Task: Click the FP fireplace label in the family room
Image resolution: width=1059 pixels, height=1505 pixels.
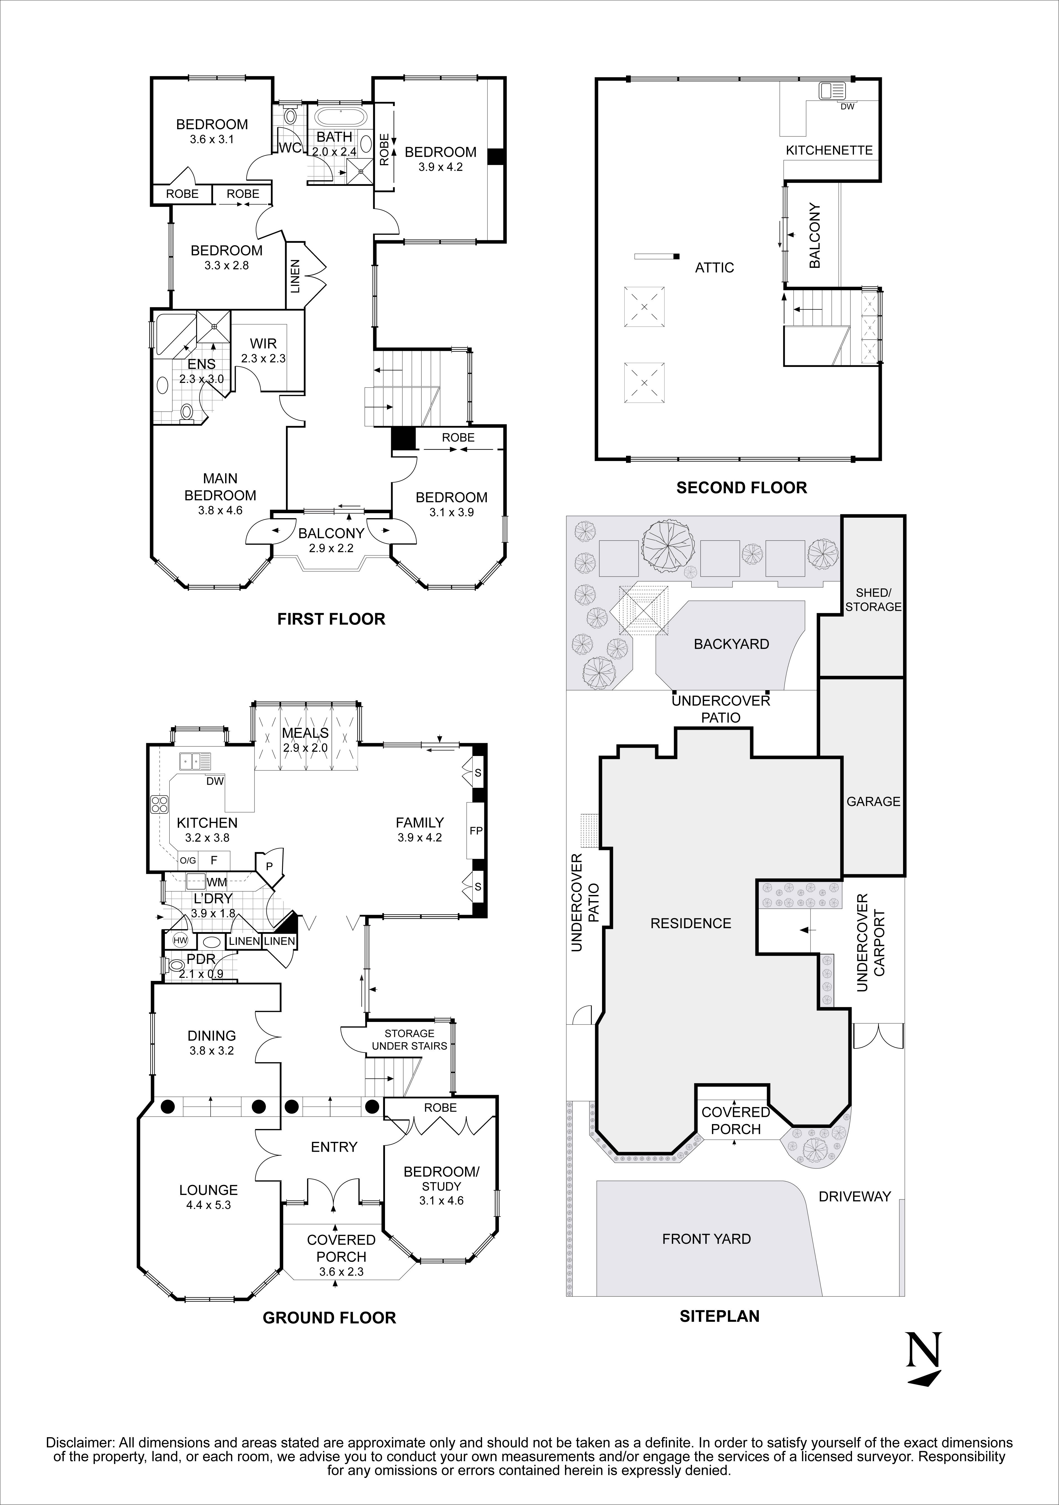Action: coord(476,830)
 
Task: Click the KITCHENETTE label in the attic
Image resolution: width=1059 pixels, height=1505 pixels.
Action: coord(829,150)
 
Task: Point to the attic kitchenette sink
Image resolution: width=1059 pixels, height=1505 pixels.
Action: coord(832,90)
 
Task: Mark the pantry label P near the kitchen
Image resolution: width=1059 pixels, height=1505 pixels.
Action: coord(269,865)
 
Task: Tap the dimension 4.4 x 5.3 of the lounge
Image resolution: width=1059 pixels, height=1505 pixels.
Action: coord(208,1205)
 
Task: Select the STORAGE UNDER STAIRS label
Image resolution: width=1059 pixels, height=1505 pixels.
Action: coord(409,1040)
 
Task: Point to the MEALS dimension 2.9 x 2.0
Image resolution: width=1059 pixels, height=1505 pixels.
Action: coord(305,748)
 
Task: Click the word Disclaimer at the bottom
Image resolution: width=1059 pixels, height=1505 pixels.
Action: coord(79,1437)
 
